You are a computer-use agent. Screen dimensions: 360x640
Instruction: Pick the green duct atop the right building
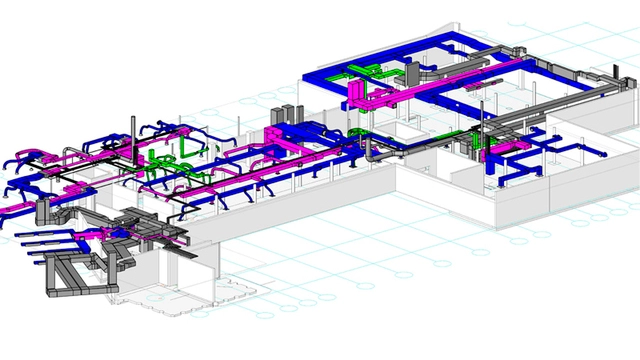coord(366,72)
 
